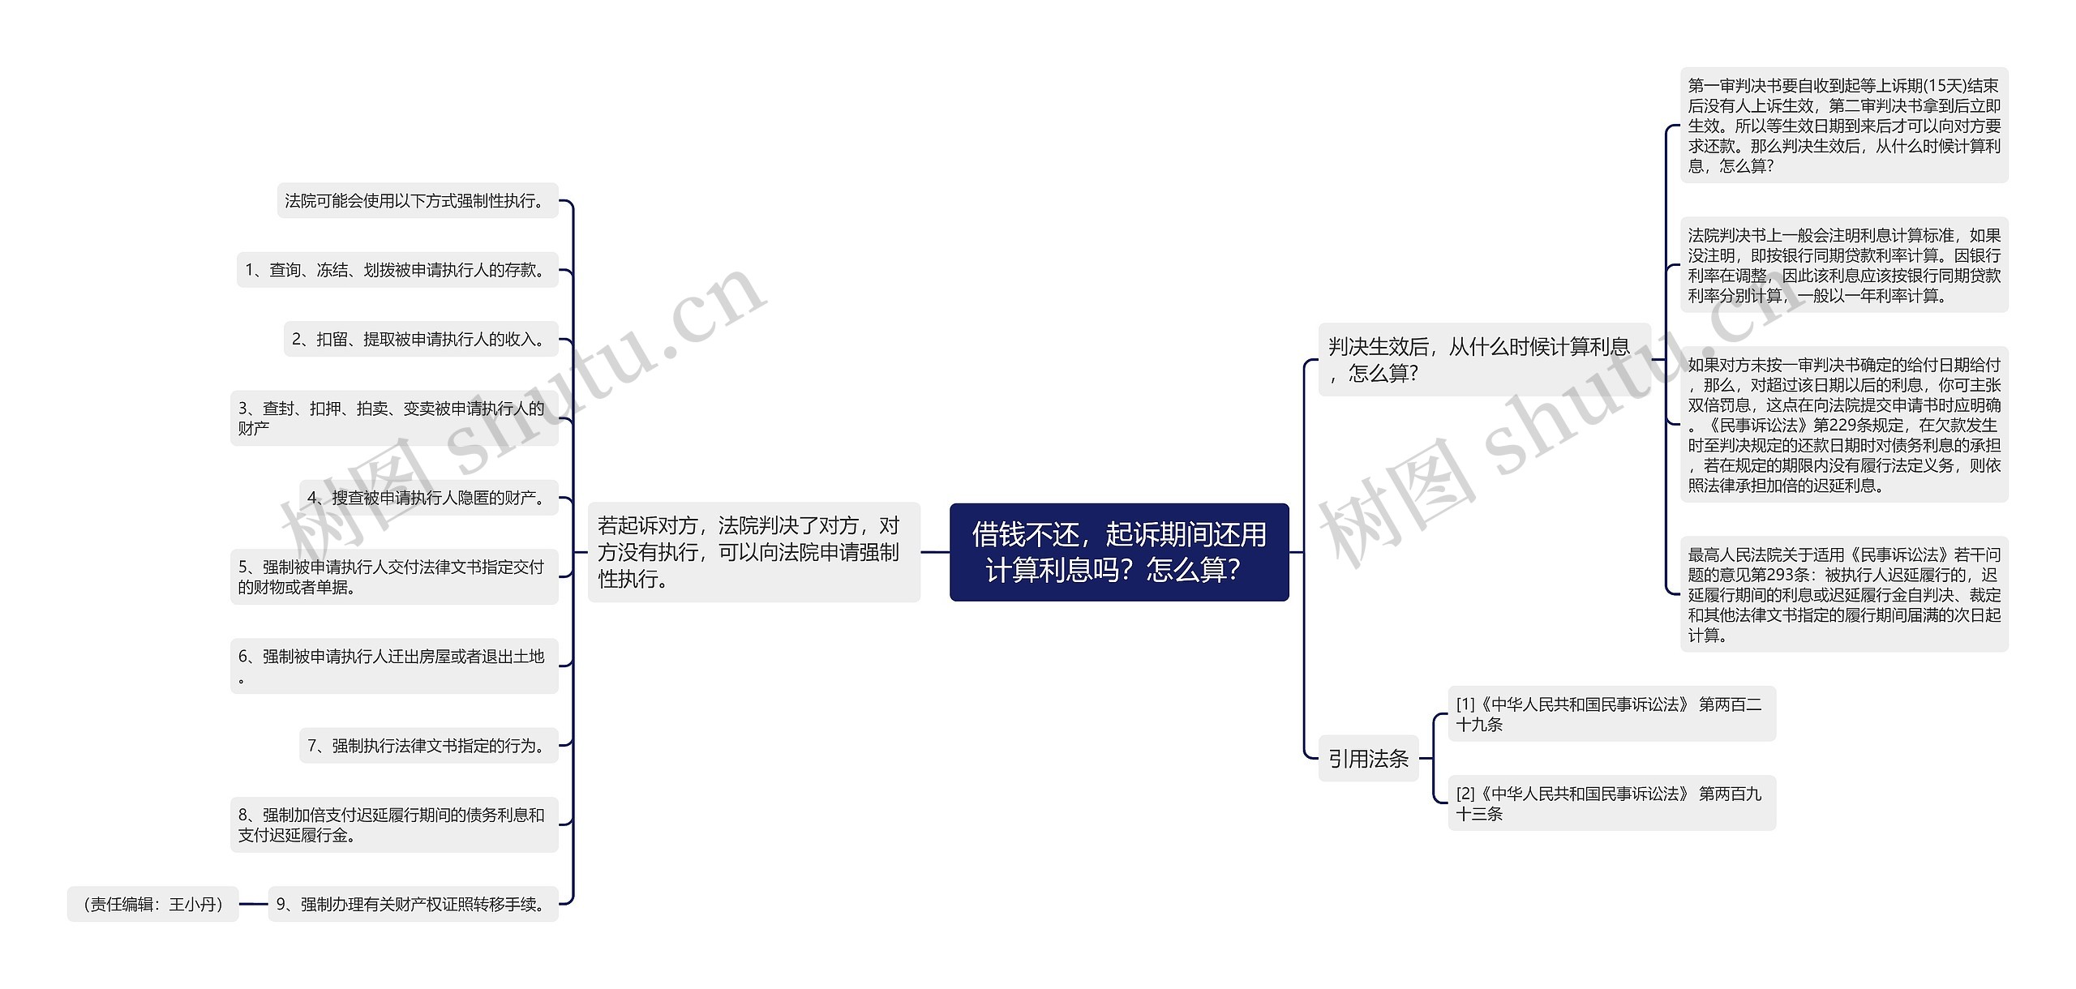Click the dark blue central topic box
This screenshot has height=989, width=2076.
click(x=1118, y=552)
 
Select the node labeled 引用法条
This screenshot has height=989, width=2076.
click(x=1368, y=759)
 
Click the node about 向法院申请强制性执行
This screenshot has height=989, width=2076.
click(x=753, y=552)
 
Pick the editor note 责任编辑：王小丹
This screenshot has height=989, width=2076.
click(x=152, y=904)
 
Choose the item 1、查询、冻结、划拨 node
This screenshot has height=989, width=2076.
click(x=397, y=270)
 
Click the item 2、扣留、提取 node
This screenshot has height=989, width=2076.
click(x=420, y=339)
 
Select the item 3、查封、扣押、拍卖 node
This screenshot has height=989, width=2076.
click(x=394, y=417)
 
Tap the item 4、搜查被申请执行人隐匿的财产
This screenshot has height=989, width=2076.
click(x=428, y=498)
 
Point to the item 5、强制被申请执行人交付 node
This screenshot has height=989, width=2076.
click(x=394, y=576)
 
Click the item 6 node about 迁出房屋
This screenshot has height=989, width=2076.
click(x=394, y=666)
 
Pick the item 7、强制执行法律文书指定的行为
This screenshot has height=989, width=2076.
click(x=428, y=745)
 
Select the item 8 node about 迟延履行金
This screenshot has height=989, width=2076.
click(x=394, y=824)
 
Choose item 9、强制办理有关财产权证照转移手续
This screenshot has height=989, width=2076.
click(x=413, y=904)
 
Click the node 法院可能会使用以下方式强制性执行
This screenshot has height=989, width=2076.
click(x=417, y=200)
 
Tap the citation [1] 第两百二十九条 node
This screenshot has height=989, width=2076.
click(x=1611, y=714)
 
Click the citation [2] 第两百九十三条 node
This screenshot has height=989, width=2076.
click(x=1611, y=803)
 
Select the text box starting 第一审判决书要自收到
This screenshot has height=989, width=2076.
click(x=1843, y=126)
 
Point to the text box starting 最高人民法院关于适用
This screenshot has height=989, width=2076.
click(x=1843, y=594)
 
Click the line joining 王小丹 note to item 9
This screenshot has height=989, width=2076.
click(x=253, y=904)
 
